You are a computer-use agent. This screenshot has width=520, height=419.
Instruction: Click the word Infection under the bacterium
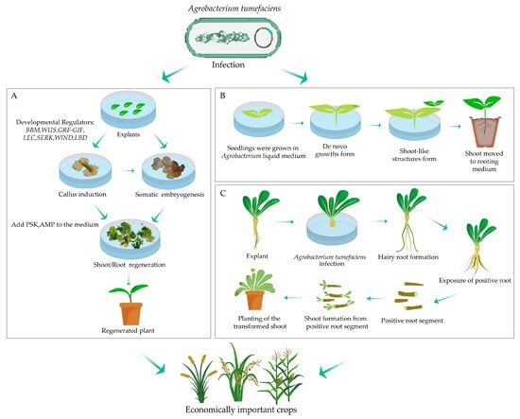228,64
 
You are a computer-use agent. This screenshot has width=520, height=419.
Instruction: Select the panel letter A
14,96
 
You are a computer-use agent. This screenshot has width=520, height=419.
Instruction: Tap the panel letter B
222,96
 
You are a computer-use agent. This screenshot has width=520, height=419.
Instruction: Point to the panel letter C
223,193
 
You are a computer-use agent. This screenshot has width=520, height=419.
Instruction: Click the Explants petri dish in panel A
128,110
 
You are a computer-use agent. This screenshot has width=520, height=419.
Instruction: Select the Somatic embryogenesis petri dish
168,171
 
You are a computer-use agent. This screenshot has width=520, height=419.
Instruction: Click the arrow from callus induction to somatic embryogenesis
128,170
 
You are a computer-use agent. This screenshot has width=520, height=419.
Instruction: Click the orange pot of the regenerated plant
131,314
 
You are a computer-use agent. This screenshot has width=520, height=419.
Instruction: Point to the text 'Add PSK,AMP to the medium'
55,224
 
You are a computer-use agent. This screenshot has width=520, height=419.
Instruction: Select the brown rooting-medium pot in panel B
485,131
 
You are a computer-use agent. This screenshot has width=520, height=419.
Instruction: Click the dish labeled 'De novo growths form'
335,121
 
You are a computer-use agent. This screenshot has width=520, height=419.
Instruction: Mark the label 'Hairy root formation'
408,257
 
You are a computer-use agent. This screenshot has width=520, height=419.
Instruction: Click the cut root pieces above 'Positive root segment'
408,296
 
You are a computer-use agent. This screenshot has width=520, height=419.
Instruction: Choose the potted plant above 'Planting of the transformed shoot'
254,289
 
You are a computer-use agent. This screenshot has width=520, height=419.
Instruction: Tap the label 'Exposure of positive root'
475,281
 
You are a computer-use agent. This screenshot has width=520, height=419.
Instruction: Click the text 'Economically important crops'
241,410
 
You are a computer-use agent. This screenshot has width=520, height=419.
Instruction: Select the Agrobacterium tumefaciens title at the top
234,8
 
